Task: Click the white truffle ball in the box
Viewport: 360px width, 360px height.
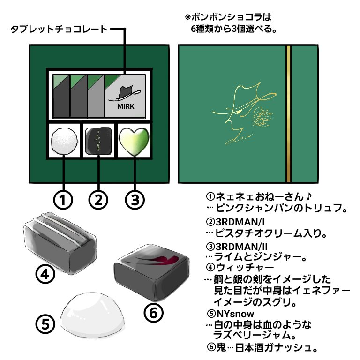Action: coord(64,140)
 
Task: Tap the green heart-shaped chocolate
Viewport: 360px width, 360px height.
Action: coord(134,141)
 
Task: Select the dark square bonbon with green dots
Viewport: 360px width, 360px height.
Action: coord(98,140)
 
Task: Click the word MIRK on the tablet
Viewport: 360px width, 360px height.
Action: coord(126,106)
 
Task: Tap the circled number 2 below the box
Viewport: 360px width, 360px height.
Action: coord(98,200)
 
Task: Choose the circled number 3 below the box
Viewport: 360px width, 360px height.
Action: coord(134,200)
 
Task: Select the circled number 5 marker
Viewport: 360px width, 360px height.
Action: coord(46,324)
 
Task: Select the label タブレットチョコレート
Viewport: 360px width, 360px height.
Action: coord(58,30)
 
